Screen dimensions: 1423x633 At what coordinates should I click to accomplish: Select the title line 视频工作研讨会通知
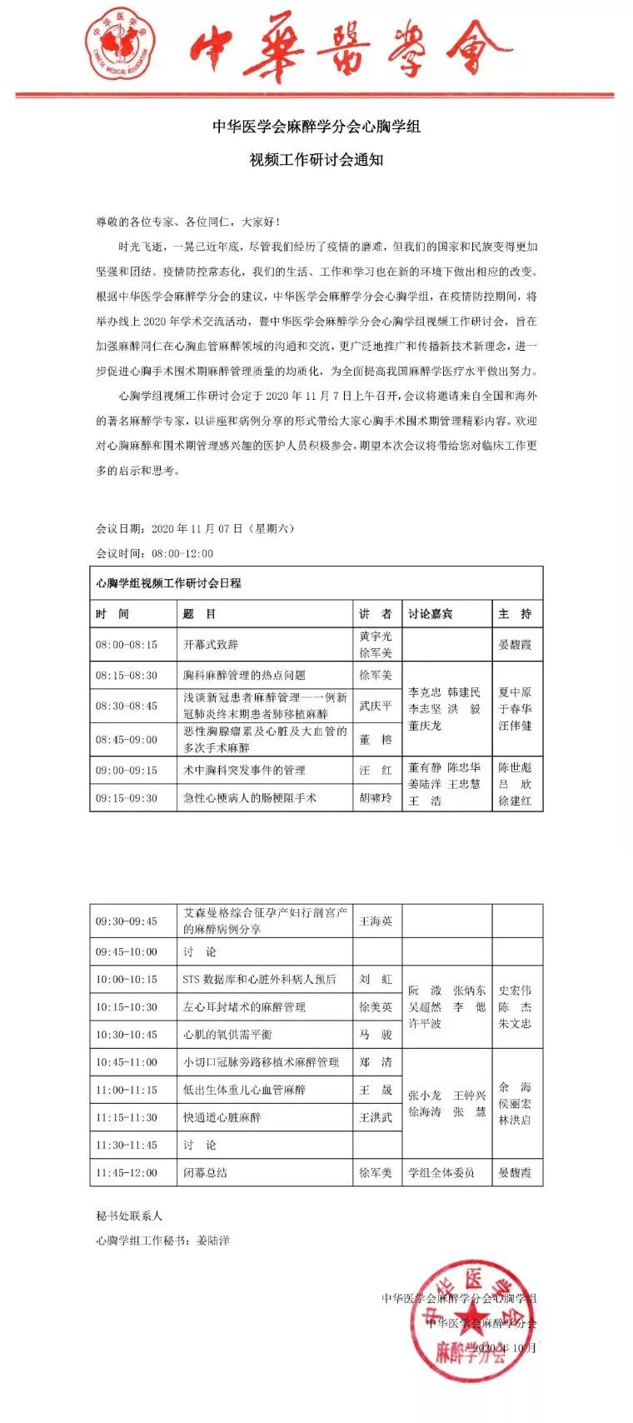point(316,160)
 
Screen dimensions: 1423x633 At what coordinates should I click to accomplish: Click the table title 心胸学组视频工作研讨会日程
point(169,583)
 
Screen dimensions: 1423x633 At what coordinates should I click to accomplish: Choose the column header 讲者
point(376,614)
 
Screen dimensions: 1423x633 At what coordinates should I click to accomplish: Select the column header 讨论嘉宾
point(431,614)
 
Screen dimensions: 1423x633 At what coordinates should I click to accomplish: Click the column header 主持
point(515,614)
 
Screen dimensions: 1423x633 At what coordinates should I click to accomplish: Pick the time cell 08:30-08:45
point(127,706)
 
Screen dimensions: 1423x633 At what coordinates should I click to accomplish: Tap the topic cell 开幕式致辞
point(211,645)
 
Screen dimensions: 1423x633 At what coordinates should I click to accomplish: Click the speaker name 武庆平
point(376,706)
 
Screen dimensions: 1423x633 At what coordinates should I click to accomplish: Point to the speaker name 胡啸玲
point(376,798)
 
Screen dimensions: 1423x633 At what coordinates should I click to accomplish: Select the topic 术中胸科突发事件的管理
point(244,770)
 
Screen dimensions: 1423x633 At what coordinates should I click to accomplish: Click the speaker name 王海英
point(376,921)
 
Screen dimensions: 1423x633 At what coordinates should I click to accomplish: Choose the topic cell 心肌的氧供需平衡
point(227,1035)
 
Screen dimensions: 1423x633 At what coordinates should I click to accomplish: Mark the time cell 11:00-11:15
point(127,1090)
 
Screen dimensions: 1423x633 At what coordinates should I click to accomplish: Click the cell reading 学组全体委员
point(441,1173)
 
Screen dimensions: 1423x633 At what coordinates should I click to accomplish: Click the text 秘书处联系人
point(129,1216)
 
